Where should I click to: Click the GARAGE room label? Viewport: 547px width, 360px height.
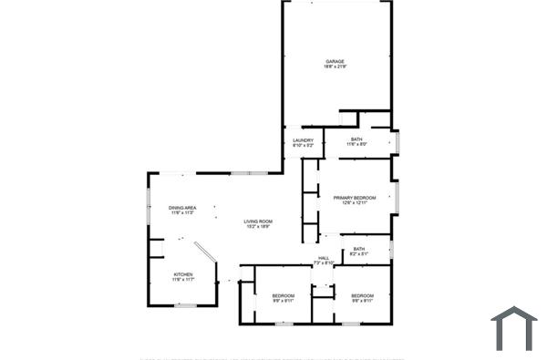[x=335, y=62]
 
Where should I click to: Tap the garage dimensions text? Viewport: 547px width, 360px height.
[x=335, y=67]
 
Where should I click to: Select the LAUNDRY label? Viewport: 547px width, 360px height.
[x=303, y=140]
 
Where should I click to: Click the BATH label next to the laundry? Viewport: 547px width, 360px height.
[x=356, y=139]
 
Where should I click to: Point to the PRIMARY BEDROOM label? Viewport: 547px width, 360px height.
[x=355, y=197]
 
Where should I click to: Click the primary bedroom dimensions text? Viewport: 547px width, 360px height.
[x=355, y=202]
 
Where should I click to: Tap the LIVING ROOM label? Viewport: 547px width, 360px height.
[x=258, y=221]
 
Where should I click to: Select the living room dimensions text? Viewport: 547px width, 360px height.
[x=258, y=227]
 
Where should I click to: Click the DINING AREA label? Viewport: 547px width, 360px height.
[x=182, y=208]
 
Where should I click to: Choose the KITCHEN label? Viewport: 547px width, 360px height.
[x=183, y=274]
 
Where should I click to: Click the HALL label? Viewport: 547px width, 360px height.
[x=323, y=258]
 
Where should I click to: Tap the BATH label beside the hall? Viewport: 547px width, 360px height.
[x=359, y=249]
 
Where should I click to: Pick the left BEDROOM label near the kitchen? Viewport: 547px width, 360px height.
[x=283, y=295]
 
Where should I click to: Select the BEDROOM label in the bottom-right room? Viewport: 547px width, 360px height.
[x=363, y=295]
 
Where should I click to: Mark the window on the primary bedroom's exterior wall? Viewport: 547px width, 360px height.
[x=397, y=198]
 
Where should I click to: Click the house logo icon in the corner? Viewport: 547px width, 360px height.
[x=513, y=328]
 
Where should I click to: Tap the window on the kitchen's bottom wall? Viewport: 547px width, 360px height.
[x=186, y=306]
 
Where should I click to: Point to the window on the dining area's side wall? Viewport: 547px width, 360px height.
[x=150, y=208]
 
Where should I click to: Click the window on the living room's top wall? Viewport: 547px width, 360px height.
[x=243, y=172]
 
